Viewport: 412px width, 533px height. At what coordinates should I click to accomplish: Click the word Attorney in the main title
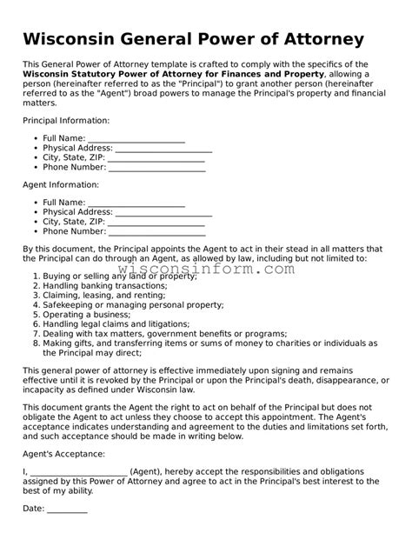(x=313, y=40)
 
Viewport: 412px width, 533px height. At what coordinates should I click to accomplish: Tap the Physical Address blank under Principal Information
(x=163, y=149)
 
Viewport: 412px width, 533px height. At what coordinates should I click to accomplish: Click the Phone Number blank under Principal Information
(x=157, y=169)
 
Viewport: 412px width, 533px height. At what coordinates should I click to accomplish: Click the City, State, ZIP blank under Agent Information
(x=156, y=223)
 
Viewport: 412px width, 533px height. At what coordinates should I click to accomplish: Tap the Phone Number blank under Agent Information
(x=157, y=233)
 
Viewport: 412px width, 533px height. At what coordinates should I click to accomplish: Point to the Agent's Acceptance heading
(x=63, y=454)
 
